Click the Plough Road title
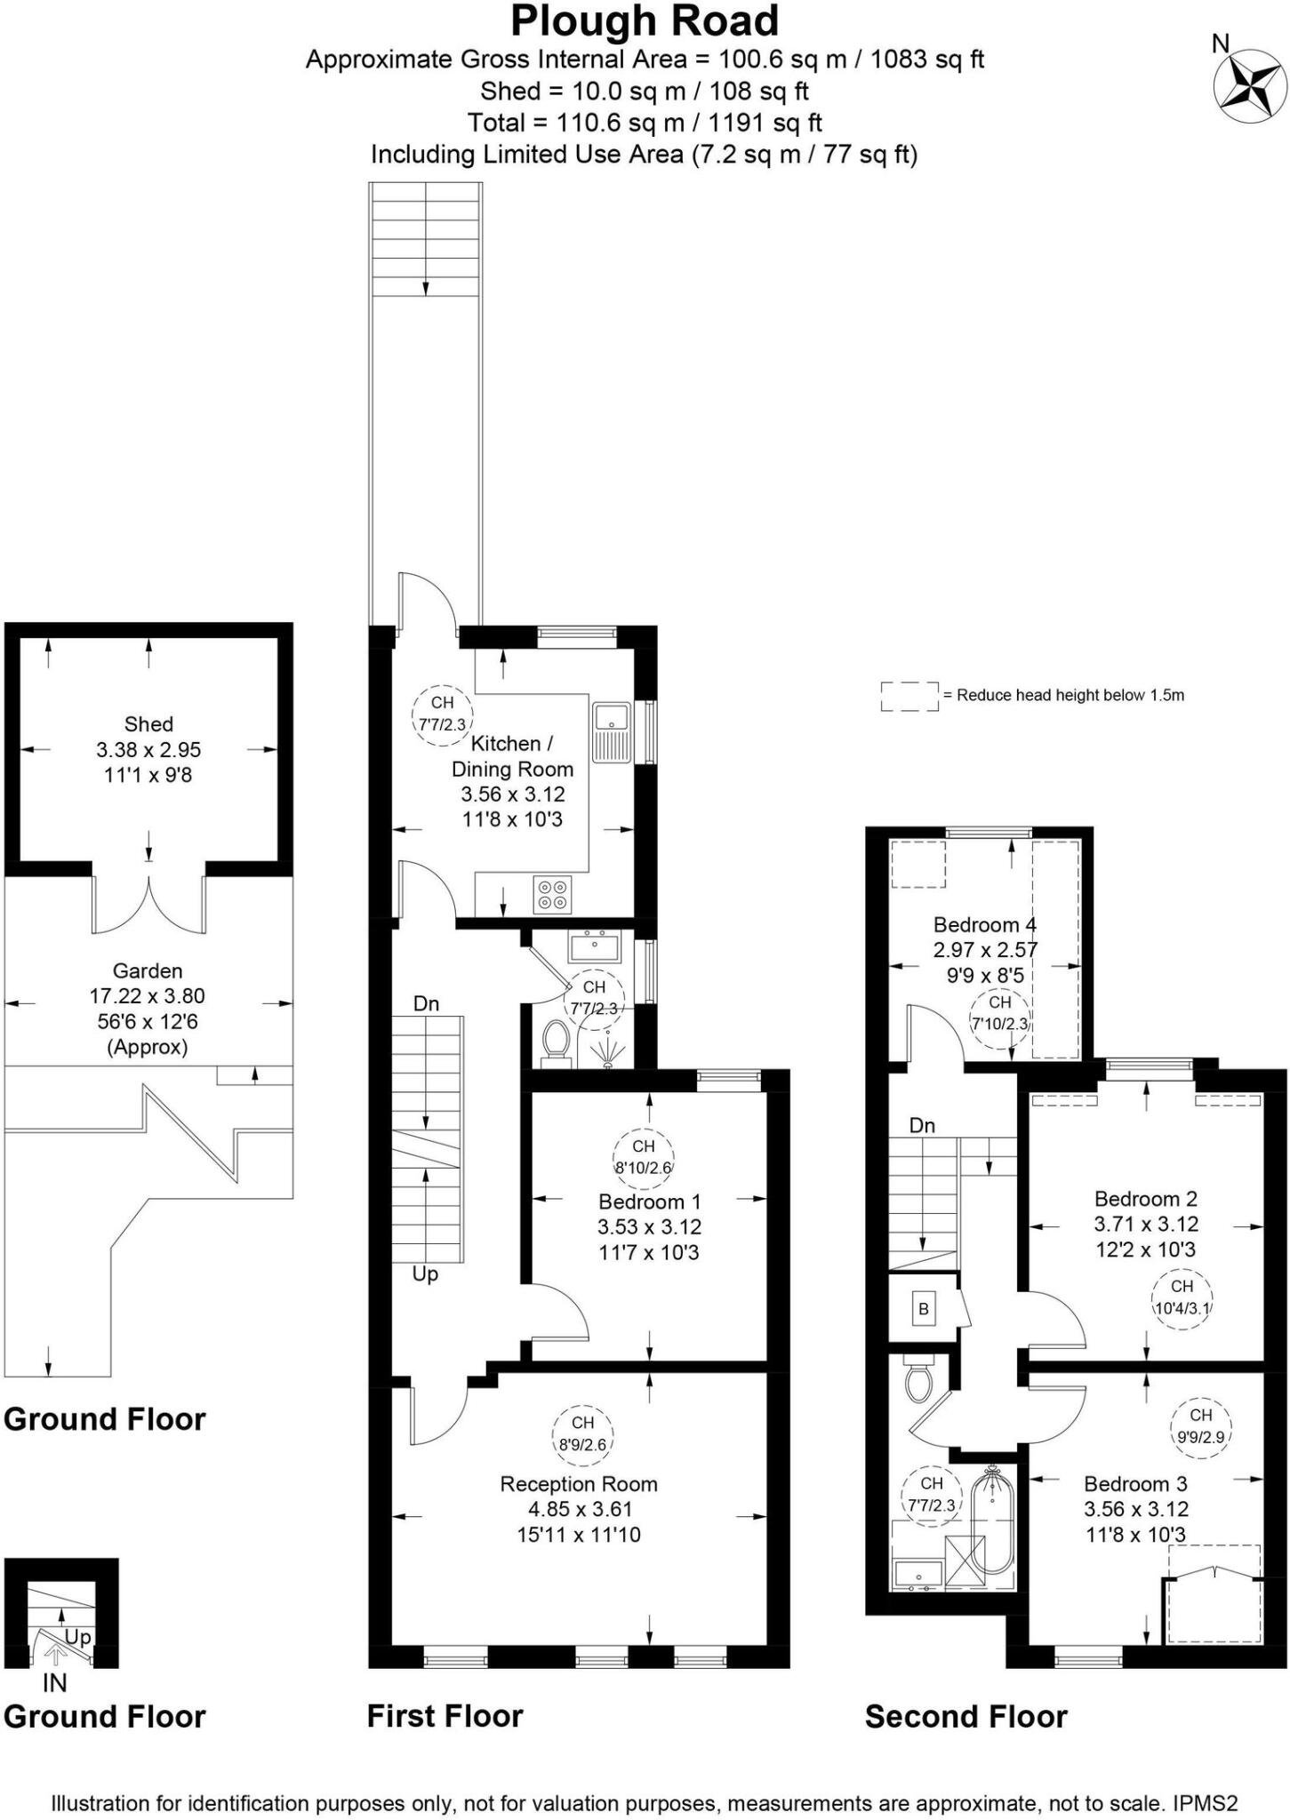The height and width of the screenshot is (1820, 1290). click(x=645, y=21)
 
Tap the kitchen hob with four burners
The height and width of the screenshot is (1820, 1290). click(x=552, y=894)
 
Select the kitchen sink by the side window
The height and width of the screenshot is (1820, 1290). click(x=612, y=733)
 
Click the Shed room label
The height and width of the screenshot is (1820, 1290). click(x=148, y=724)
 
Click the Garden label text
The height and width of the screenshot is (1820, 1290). click(x=148, y=971)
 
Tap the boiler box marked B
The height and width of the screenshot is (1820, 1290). click(x=924, y=1309)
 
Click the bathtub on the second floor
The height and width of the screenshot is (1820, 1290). click(x=991, y=1520)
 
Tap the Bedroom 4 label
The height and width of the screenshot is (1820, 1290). click(x=984, y=924)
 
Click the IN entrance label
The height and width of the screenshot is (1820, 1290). click(x=55, y=1683)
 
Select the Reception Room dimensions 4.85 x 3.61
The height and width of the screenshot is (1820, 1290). click(x=579, y=1509)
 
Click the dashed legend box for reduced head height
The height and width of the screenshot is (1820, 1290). click(x=909, y=696)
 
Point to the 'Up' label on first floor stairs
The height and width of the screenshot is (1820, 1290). click(x=425, y=1274)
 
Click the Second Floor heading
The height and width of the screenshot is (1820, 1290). click(x=965, y=1716)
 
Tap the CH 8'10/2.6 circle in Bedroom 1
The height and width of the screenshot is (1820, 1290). click(x=643, y=1156)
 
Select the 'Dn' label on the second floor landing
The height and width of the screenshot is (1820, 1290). click(x=922, y=1126)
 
